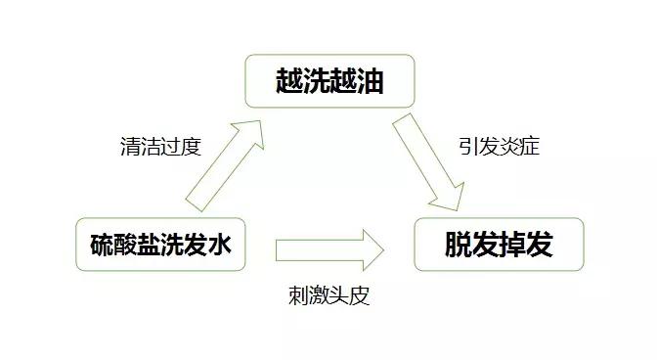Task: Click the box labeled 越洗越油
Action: click(x=328, y=81)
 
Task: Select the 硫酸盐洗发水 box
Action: click(x=159, y=245)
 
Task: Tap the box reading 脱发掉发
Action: click(x=499, y=245)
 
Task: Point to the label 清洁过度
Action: click(x=158, y=148)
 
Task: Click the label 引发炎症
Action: click(x=499, y=148)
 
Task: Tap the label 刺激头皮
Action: click(x=329, y=294)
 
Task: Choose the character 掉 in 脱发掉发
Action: click(x=512, y=245)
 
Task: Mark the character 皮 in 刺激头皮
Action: click(x=360, y=294)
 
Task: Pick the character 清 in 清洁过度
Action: click(x=127, y=148)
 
